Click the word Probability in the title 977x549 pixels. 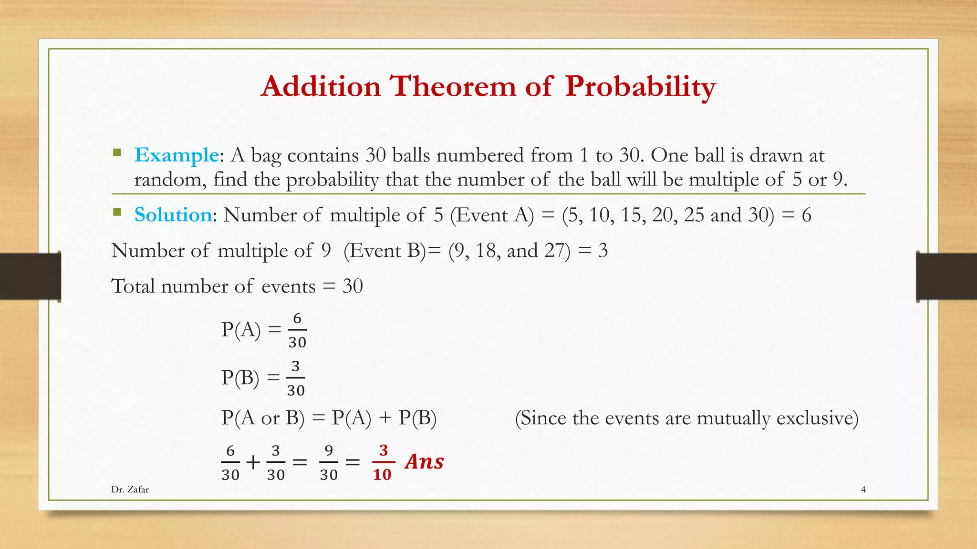(640, 87)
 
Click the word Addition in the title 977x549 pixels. (321, 87)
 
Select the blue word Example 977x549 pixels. (176, 155)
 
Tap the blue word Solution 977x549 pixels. (173, 215)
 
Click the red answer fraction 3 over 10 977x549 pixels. (383, 462)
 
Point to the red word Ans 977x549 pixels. (424, 461)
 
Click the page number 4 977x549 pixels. (863, 489)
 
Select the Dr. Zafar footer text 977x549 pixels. (130, 489)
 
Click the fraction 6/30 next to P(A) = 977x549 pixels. (297, 330)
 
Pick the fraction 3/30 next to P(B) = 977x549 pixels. (296, 378)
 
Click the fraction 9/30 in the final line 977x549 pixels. (329, 463)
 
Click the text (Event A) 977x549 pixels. (492, 215)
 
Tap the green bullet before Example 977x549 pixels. (117, 153)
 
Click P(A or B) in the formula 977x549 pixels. (263, 418)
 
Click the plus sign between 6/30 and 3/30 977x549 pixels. (253, 462)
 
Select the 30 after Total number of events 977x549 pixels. (353, 286)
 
